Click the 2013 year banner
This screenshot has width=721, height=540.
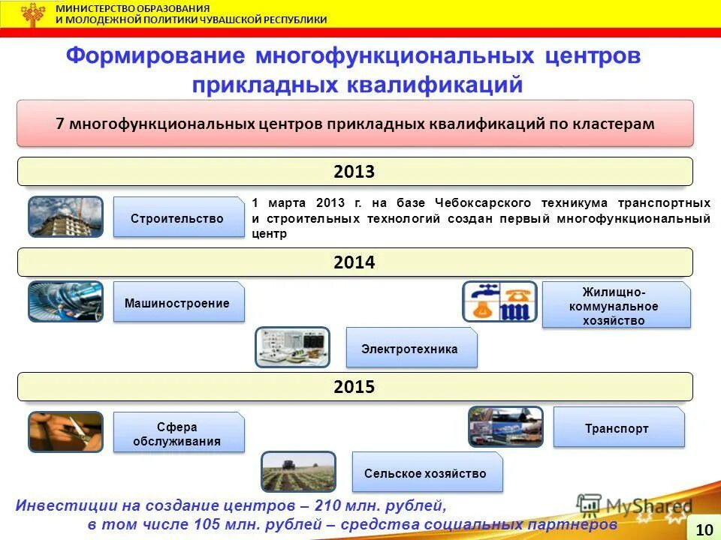pyautogui.click(x=355, y=171)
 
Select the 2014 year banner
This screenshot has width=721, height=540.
pyautogui.click(x=355, y=262)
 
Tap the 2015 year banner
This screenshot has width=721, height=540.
pyautogui.click(x=355, y=387)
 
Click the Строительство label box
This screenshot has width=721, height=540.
pyautogui.click(x=179, y=217)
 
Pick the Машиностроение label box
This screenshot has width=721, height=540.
pyautogui.click(x=179, y=301)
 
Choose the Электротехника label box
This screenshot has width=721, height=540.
pyautogui.click(x=412, y=347)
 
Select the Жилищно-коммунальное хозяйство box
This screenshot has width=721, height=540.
pyautogui.click(x=616, y=305)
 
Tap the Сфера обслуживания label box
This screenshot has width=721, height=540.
pyautogui.click(x=179, y=433)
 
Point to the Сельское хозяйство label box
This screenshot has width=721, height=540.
pyautogui.click(x=427, y=472)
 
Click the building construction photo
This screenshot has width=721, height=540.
pyautogui.click(x=66, y=217)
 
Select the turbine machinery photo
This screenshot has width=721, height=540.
pyautogui.click(x=66, y=301)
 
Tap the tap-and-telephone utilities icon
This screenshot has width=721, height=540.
pyautogui.click(x=500, y=301)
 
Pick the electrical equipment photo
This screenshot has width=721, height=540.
pyautogui.click(x=292, y=347)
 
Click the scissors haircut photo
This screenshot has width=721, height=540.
pyautogui.click(x=66, y=432)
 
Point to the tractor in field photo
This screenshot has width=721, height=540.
pyautogui.click(x=298, y=472)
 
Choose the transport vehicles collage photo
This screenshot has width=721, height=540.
pyautogui.click(x=505, y=427)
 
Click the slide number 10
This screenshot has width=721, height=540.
pyautogui.click(x=704, y=529)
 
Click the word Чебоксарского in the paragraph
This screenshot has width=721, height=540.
pyautogui.click(x=482, y=203)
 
